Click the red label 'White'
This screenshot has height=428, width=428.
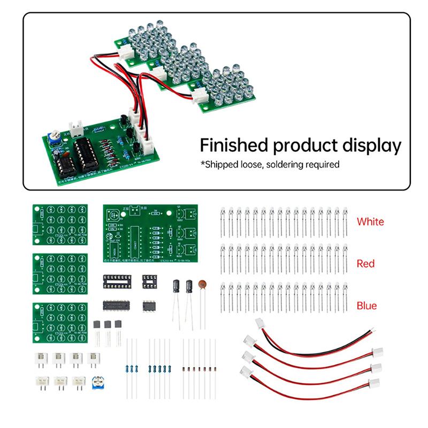point(370,221)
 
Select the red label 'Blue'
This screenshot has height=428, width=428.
point(366,306)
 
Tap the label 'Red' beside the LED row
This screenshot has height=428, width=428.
point(366,264)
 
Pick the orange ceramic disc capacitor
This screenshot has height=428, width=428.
point(202,285)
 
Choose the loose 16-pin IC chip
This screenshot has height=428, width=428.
point(118,305)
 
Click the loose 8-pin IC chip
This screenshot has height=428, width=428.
point(149,306)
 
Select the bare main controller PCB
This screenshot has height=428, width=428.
point(150,233)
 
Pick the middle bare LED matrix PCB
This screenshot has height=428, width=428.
point(60,273)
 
